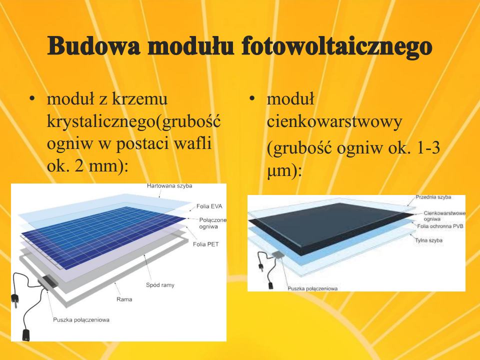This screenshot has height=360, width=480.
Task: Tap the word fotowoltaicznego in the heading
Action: pyautogui.click(x=336, y=47)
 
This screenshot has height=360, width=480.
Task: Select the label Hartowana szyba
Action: pyautogui.click(x=169, y=186)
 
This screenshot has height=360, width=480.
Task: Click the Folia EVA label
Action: pyautogui.click(x=209, y=206)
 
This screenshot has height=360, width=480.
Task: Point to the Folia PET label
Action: pyautogui.click(x=205, y=244)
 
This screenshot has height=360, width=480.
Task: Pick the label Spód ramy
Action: pyautogui.click(x=160, y=285)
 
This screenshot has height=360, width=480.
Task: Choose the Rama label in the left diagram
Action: pyautogui.click(x=124, y=299)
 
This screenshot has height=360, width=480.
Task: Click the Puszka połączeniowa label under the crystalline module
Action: pyautogui.click(x=81, y=320)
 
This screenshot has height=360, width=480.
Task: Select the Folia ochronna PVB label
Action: pyautogui.click(x=440, y=226)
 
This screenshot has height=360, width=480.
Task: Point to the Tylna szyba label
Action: pyautogui.click(x=428, y=240)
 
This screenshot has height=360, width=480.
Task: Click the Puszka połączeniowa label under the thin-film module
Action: pyautogui.click(x=312, y=288)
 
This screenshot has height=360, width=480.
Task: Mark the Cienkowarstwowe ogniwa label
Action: pyautogui.click(x=444, y=216)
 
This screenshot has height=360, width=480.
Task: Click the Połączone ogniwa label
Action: pyautogui.click(x=213, y=223)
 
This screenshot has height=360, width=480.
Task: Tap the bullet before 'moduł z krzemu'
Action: pyautogui.click(x=31, y=99)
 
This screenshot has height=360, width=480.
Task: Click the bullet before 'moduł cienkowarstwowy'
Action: pyautogui.click(x=252, y=98)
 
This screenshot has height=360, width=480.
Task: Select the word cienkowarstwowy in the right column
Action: pyautogui.click(x=334, y=121)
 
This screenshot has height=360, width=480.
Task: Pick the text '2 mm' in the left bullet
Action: pyautogui.click(x=95, y=165)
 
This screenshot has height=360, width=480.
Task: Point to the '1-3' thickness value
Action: pyautogui.click(x=429, y=147)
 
